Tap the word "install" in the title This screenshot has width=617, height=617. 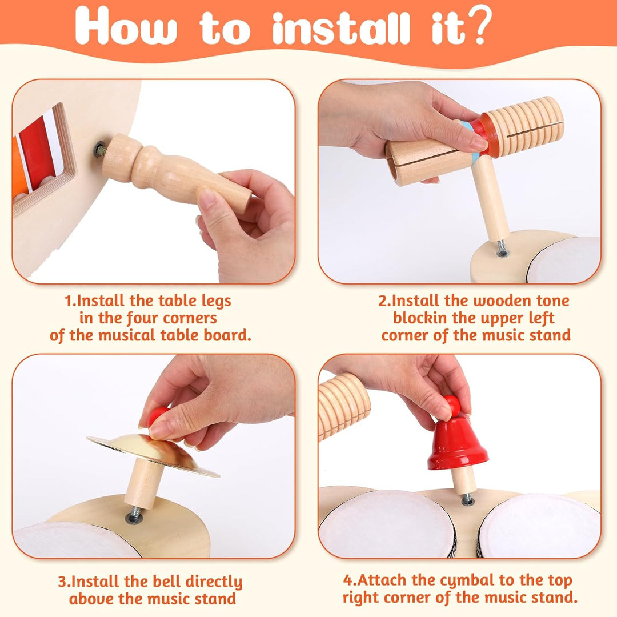coord(341,29)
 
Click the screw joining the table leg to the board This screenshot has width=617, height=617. coord(100,150)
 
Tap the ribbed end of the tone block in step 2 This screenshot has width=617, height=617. coord(524,122)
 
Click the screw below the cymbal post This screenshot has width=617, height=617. coord(134,515)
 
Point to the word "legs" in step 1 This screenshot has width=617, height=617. coord(216,302)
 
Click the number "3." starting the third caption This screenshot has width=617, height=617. coord(64,582)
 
